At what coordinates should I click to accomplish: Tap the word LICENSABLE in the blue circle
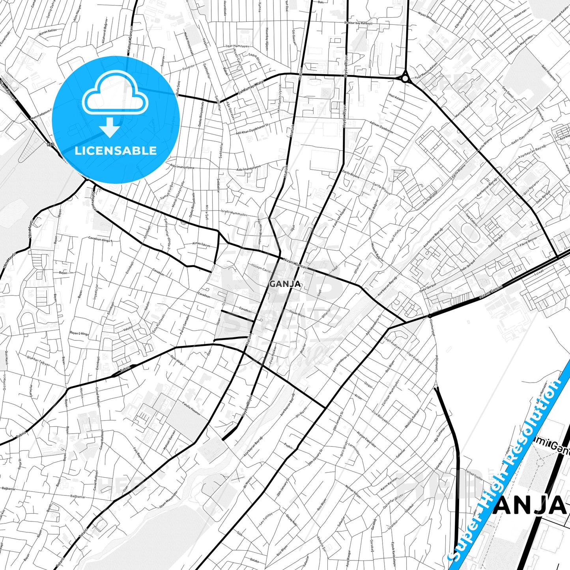(x=116, y=150)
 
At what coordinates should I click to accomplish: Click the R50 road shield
(x=50, y=145)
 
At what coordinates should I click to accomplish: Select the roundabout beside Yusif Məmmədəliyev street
(x=405, y=78)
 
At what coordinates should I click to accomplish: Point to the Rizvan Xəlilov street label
(x=48, y=30)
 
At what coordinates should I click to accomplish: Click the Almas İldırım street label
(x=201, y=244)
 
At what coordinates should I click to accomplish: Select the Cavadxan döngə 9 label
(x=101, y=239)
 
